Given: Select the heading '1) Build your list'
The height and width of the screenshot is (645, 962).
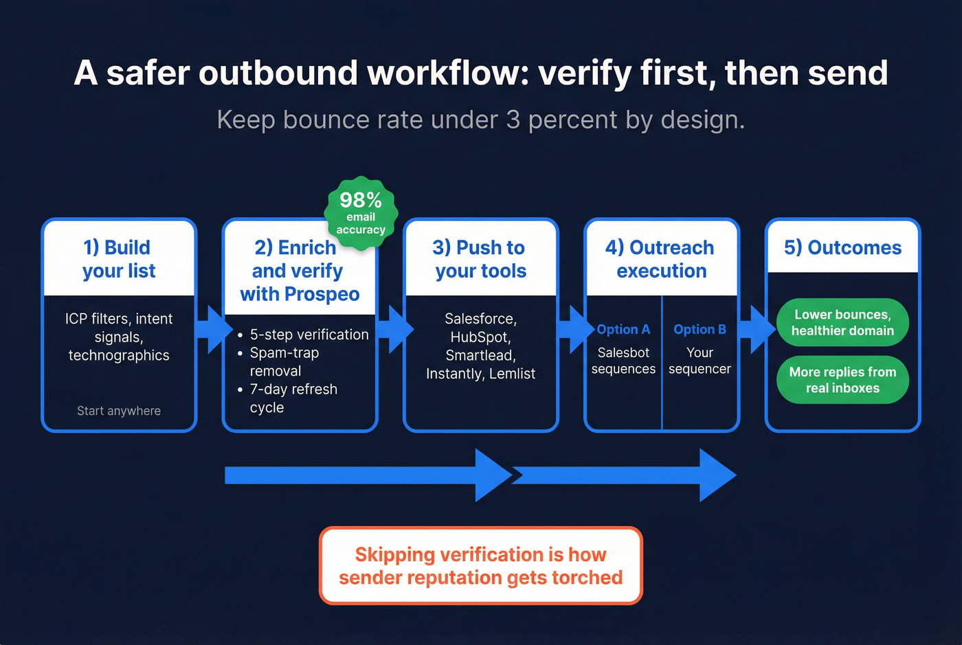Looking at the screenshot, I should [119, 259].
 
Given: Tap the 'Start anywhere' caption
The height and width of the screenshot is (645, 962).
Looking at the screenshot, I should [119, 411].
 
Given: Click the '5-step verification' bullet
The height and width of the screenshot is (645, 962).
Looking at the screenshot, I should [309, 335].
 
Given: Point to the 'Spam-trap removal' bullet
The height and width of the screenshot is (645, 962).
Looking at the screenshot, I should [284, 362].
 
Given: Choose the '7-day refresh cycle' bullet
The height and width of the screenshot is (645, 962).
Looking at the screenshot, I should [293, 398].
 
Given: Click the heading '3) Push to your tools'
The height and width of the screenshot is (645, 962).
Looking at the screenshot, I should [480, 259].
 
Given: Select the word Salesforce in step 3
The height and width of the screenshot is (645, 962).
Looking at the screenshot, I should [480, 319].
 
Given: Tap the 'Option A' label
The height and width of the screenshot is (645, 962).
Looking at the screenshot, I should [623, 330].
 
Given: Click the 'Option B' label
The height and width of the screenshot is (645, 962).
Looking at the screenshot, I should [700, 330].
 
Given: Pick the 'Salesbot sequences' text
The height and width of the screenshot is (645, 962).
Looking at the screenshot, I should [623, 361].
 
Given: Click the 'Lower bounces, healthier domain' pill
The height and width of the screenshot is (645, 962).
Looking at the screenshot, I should [842, 322].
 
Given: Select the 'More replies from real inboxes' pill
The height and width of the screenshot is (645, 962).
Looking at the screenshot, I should [842, 380].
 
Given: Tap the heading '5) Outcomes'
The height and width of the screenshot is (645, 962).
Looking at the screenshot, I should [842, 247].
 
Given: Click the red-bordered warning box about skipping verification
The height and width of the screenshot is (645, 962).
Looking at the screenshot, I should [480, 566].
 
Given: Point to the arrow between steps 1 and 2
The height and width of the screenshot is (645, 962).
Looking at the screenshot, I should [212, 330].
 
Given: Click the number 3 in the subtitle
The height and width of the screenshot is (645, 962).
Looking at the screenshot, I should [513, 120].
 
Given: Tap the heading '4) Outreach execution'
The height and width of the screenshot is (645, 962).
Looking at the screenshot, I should [661, 259].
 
